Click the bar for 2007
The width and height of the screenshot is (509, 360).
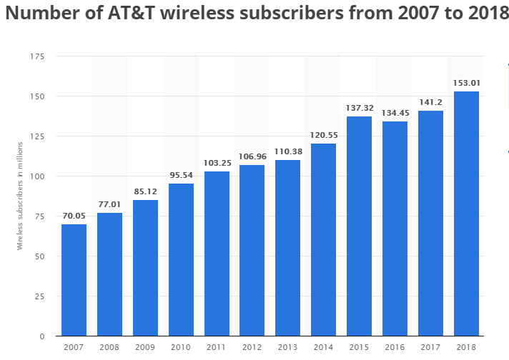[x=74, y=280]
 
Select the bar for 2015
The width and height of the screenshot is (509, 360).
[x=360, y=226]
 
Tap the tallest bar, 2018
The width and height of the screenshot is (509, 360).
[x=466, y=214]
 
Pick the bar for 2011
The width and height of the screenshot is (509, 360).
[x=217, y=254]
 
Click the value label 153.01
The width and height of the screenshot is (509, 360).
[x=466, y=83]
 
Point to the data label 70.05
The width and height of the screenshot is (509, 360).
[x=74, y=216]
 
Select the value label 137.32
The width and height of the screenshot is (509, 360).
[x=360, y=108]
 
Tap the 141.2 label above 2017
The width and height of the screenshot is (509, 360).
[x=430, y=102]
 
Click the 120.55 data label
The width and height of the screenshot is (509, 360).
[x=324, y=135]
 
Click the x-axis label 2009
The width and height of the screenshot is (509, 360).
[x=145, y=348]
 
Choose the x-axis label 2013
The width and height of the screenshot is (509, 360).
[x=288, y=348]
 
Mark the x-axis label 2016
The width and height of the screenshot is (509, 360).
[x=395, y=348]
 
